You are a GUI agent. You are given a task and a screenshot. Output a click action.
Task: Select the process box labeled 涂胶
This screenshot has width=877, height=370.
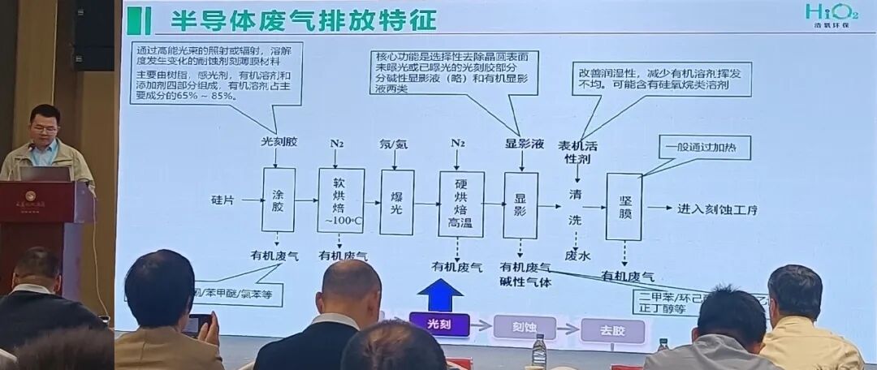278,200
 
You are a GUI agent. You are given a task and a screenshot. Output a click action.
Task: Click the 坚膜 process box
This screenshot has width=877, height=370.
624,206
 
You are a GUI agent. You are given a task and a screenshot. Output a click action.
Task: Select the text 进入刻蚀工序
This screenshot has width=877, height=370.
717,209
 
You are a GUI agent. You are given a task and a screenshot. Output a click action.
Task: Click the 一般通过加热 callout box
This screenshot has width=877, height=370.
703,146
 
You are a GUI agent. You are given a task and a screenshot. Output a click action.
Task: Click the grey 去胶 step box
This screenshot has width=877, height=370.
612,331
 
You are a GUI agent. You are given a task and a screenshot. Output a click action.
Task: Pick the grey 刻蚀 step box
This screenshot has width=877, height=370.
523,327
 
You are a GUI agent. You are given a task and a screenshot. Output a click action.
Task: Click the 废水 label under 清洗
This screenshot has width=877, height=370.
577,256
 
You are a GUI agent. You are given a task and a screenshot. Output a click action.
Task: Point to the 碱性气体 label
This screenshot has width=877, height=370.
525,282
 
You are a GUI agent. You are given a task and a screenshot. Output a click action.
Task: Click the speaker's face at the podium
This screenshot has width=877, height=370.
45,126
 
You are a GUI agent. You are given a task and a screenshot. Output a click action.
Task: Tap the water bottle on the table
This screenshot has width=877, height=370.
538,351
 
